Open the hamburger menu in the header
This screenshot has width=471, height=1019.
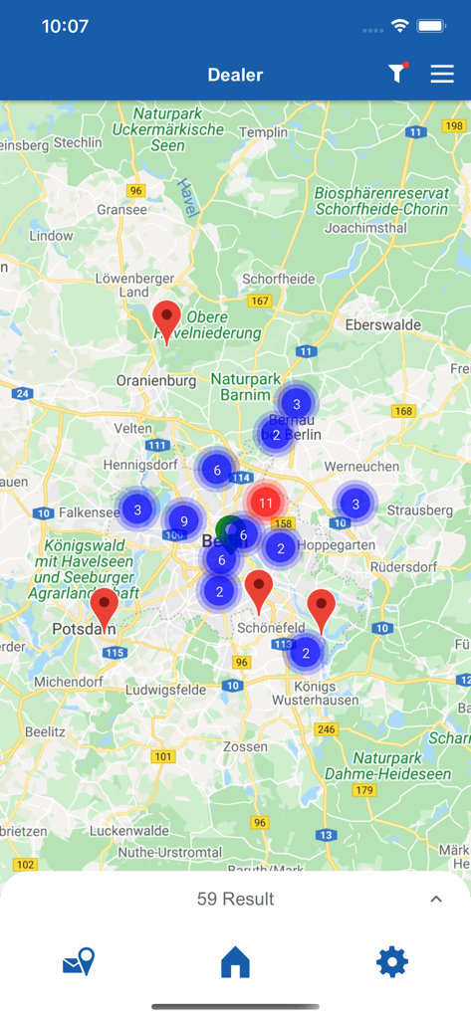[442, 75]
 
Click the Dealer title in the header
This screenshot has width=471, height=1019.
[235, 75]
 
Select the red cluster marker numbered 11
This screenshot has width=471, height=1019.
[265, 503]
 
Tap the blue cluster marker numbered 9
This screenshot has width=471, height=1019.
[183, 520]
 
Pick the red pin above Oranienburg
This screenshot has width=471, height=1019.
[166, 318]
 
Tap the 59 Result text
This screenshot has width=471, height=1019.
[235, 899]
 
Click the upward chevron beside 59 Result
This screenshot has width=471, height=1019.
[435, 899]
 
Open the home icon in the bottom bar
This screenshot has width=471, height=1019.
[235, 962]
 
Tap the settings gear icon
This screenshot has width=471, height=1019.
[391, 962]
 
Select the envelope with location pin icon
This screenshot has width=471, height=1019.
[79, 962]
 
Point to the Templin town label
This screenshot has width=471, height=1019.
[263, 131]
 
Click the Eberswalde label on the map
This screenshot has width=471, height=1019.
[384, 324]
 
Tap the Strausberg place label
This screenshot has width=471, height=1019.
[419, 509]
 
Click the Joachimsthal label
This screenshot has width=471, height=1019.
[367, 227]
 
